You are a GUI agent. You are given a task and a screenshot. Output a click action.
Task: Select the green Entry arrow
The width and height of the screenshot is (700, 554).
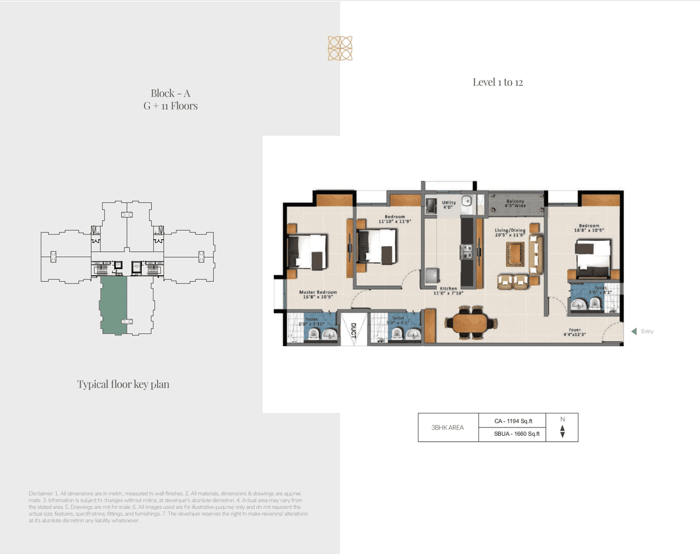pyautogui.click(x=634, y=331)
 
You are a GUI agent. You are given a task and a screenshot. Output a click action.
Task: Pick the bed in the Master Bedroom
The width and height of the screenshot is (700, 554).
pyautogui.click(x=307, y=252)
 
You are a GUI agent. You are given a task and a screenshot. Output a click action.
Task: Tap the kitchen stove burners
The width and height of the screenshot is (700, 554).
pyautogui.click(x=468, y=252)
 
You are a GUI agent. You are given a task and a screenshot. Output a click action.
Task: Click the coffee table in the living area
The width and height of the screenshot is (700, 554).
pyautogui.click(x=515, y=254)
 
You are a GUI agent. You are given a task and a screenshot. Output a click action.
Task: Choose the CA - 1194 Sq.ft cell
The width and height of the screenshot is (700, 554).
pyautogui.click(x=512, y=421)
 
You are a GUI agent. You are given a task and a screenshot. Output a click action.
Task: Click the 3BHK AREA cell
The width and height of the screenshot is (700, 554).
pyautogui.click(x=447, y=428)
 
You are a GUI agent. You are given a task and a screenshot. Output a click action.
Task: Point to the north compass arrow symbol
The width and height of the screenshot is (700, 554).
pyautogui.click(x=562, y=431)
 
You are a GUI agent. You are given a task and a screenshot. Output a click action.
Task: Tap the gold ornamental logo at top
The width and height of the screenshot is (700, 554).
pyautogui.click(x=340, y=48)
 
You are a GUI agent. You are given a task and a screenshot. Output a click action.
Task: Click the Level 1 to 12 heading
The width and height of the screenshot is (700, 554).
pyautogui.click(x=498, y=82)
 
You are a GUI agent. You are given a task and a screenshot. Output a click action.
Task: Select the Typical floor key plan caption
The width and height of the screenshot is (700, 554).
pyautogui.click(x=123, y=384)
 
